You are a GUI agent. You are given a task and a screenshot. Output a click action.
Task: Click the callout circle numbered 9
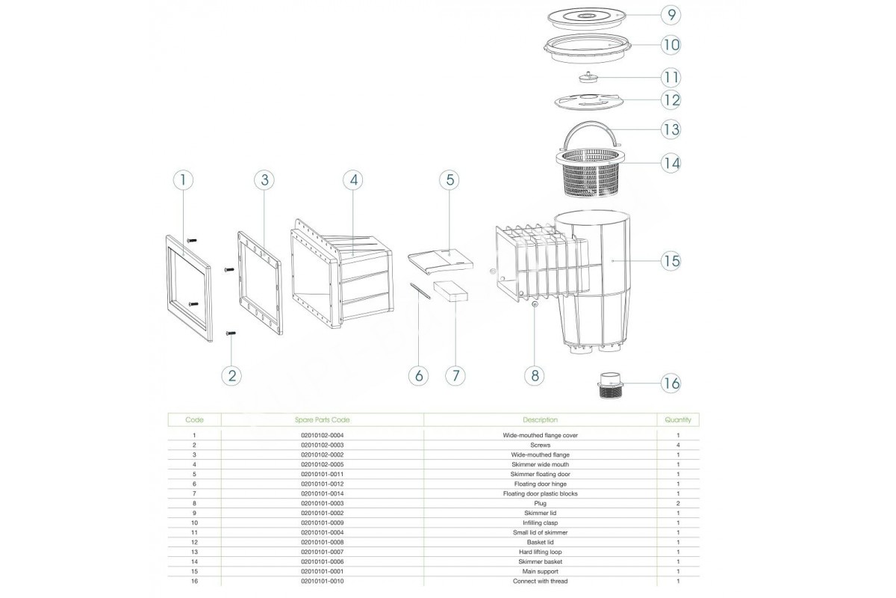coord(671,15)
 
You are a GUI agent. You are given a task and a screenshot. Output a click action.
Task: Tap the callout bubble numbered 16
coord(671,383)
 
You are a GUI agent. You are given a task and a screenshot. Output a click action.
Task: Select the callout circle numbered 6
coord(418,376)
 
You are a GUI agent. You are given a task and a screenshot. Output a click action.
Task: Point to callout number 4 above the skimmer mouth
coord(353,180)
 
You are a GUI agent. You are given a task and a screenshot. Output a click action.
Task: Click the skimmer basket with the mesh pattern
coord(591,173)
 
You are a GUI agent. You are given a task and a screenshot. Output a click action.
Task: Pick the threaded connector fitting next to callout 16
coord(610,385)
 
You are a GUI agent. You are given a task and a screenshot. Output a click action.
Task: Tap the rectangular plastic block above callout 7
coord(451,291)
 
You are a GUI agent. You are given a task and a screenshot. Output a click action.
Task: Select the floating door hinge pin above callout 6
coord(420,292)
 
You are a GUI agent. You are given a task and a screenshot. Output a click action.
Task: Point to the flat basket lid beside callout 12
coord(589,102)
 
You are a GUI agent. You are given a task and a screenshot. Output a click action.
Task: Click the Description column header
coord(540,420)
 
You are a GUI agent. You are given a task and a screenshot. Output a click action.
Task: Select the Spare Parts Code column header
coord(322,420)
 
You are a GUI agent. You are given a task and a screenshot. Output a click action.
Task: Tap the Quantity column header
coord(678,420)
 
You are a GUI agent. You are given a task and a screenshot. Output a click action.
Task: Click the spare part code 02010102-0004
coord(322,435)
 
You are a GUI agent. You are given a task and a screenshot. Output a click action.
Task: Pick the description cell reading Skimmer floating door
coord(540,474)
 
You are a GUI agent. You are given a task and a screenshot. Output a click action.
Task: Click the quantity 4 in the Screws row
coord(678,445)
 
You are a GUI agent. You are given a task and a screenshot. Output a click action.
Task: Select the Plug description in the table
coord(540,504)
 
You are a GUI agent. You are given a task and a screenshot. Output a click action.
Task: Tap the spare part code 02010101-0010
coord(322,581)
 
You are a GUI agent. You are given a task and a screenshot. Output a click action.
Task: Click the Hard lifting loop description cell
coord(540,552)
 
